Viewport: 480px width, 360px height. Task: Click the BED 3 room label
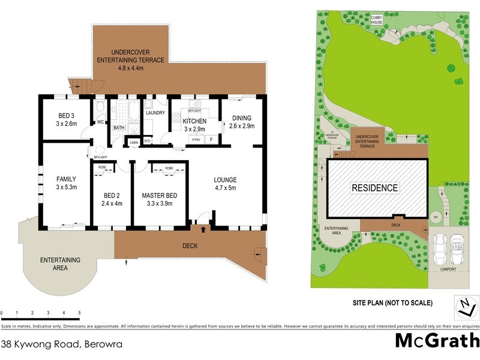67,116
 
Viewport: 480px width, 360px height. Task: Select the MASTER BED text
159,196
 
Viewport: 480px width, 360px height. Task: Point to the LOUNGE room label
226,179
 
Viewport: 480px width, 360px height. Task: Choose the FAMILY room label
66,179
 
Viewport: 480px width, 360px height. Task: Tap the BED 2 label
112,196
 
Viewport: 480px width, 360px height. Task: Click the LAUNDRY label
155,112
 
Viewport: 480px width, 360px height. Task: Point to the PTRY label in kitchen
195,140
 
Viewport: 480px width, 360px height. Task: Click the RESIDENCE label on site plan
374,188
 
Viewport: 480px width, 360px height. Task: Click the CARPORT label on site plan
447,269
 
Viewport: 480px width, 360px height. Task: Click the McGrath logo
436,340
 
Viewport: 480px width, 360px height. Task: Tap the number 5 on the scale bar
79,313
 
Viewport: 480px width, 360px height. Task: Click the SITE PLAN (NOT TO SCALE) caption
392,302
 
